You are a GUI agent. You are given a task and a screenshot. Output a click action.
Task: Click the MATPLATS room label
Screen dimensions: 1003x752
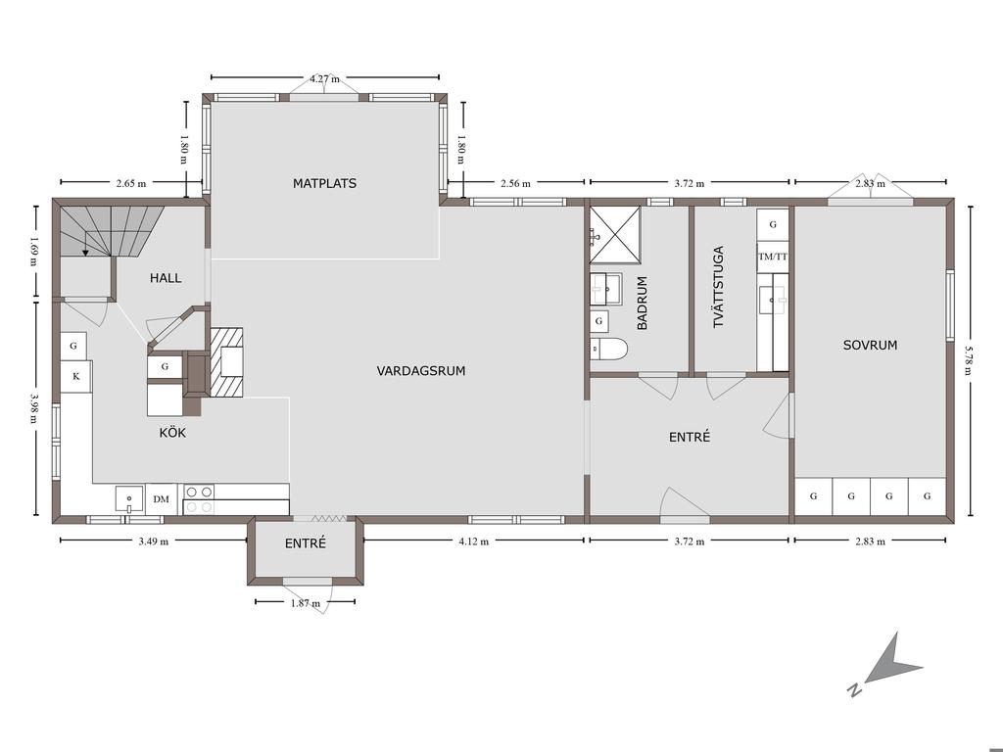(324, 183)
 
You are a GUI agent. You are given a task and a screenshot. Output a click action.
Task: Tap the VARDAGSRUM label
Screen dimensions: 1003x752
(421, 371)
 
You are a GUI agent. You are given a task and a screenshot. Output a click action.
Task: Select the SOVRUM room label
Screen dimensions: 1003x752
(870, 346)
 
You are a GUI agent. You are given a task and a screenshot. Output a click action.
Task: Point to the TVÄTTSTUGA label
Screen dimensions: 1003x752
(718, 287)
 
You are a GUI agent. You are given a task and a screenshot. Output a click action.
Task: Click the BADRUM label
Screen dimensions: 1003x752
(643, 303)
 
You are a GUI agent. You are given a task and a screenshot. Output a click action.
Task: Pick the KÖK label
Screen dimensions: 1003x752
(172, 433)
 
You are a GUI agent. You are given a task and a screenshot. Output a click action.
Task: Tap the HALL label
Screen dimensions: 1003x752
(166, 278)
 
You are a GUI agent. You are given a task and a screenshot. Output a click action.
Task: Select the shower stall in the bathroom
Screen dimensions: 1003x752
(615, 235)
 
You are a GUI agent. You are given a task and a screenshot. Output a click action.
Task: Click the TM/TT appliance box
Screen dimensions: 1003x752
(773, 257)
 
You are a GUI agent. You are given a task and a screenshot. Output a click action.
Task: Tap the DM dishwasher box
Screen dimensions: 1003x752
(162, 498)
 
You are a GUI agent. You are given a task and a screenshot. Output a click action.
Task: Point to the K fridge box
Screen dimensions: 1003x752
(76, 376)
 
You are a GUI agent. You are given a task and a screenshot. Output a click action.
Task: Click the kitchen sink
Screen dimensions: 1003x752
(130, 499)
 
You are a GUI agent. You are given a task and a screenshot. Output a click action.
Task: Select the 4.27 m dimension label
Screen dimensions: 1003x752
(324, 78)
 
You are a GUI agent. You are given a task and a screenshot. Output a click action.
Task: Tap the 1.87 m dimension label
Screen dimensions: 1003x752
(306, 603)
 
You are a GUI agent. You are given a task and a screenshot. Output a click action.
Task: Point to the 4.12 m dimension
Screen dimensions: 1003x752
(473, 541)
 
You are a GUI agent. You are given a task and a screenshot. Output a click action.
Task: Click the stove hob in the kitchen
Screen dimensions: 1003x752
(199, 499)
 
